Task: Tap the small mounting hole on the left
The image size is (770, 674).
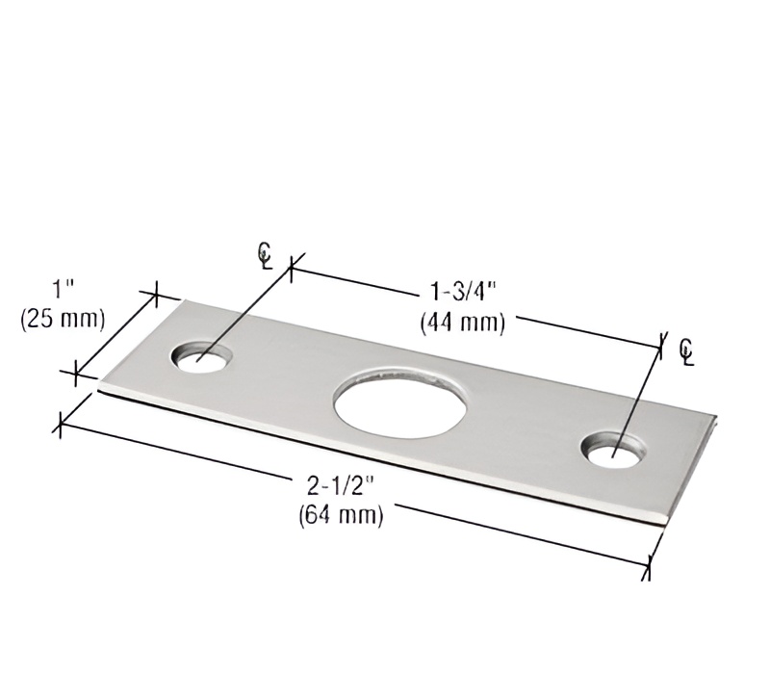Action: pos(203,356)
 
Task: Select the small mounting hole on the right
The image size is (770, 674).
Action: pos(612,450)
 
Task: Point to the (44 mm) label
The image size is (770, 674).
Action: pos(463,324)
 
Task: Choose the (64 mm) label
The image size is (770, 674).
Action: pos(342,515)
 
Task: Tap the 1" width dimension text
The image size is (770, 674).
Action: pos(64,289)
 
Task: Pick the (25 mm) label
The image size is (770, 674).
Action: pos(63,318)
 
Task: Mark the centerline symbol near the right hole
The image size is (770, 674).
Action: pos(685,351)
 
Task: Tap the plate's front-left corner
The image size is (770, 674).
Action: pos(100,388)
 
